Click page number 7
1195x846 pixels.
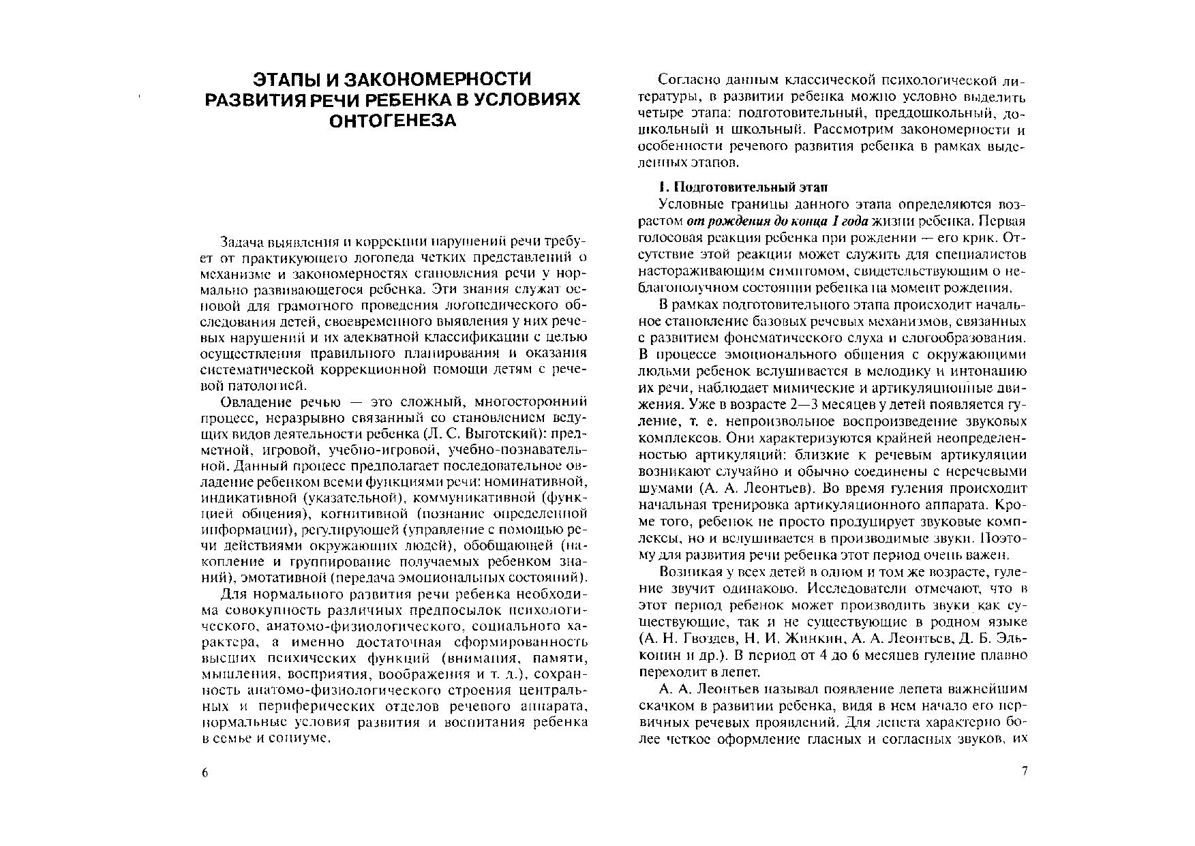tap(1024, 772)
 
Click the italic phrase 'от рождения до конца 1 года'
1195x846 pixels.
tap(776, 222)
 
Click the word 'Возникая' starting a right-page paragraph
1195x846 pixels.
tap(689, 571)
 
